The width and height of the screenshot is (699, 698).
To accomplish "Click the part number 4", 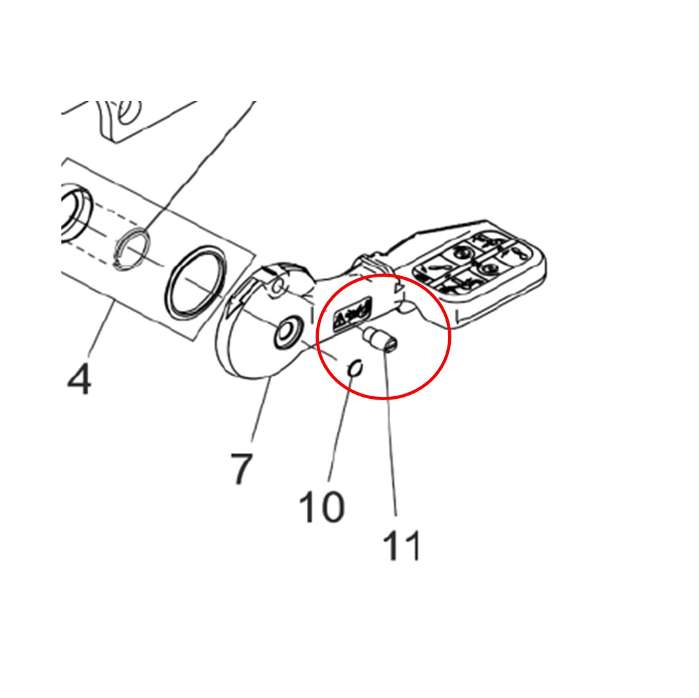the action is click(x=79, y=378).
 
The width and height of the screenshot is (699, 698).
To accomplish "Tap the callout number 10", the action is click(x=321, y=506).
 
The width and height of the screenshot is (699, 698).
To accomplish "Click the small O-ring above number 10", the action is click(x=356, y=368).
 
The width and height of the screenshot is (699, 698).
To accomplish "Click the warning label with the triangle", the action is click(x=352, y=313).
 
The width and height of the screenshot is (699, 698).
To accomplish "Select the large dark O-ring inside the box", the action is click(x=195, y=283).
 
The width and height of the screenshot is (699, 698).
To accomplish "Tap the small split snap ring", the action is click(x=131, y=249).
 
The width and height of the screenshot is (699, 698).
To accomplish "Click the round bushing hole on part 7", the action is click(x=287, y=333).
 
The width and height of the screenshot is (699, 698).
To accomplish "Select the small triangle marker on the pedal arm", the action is click(x=398, y=289).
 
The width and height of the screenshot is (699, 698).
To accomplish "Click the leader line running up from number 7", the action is click(x=261, y=409).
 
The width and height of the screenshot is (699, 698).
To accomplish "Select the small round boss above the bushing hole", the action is click(x=278, y=285).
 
